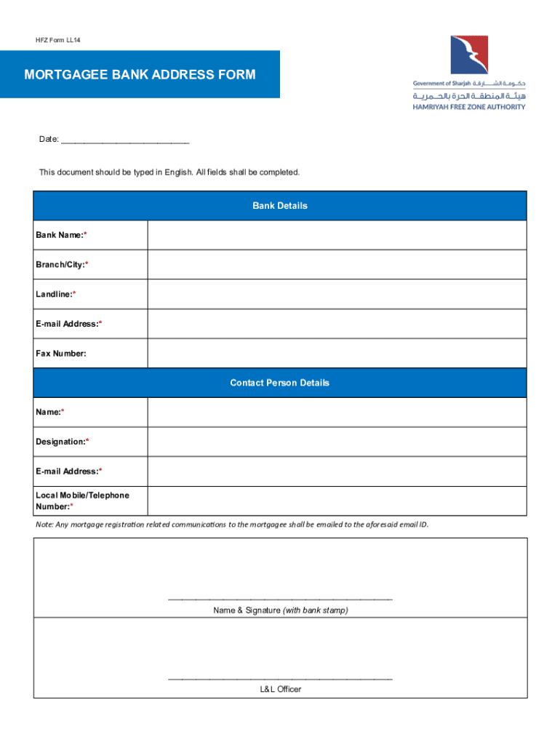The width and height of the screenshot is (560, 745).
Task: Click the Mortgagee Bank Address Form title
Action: pyautogui.click(x=140, y=75)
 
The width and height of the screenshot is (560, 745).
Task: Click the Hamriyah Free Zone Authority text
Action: pyautogui.click(x=469, y=107)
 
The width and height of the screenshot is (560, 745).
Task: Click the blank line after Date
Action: pyautogui.click(x=125, y=140)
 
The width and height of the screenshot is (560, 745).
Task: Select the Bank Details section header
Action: pyautogui.click(x=280, y=206)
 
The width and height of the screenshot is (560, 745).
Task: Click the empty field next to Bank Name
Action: pyautogui.click(x=337, y=235)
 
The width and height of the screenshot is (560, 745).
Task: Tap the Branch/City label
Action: pyautogui.click(x=62, y=265)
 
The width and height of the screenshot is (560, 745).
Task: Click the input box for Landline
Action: pyautogui.click(x=337, y=295)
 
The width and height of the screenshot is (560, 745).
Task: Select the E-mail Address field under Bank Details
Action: pyautogui.click(x=337, y=324)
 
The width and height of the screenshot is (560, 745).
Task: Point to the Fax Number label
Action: pyautogui.click(x=61, y=354)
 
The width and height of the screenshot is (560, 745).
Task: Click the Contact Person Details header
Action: pyautogui.click(x=280, y=383)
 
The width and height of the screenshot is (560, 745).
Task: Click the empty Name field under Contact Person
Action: pyautogui.click(x=337, y=413)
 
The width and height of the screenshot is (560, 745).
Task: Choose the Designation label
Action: pyautogui.click(x=62, y=442)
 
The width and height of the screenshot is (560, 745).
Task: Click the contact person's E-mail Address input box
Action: pyautogui.click(x=337, y=471)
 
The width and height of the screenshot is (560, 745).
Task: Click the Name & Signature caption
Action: pyautogui.click(x=280, y=610)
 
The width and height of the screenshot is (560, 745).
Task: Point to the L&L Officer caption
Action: pyautogui.click(x=280, y=689)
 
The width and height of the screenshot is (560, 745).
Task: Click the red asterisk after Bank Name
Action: pyautogui.click(x=86, y=235)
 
